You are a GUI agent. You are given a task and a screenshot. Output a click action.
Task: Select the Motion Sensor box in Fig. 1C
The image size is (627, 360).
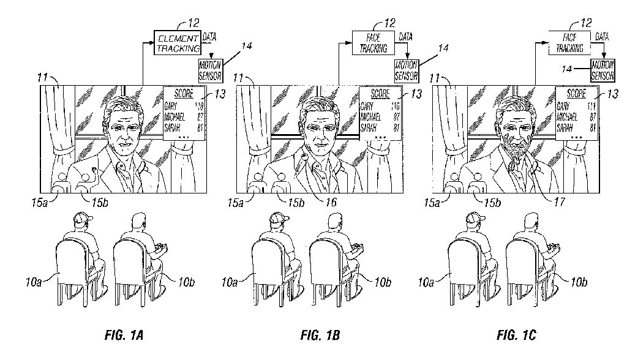click(x=602, y=70)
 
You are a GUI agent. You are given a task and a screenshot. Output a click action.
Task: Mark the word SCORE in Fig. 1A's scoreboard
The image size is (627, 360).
click(x=182, y=94)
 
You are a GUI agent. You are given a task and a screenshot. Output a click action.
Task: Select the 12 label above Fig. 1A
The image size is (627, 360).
click(x=193, y=23)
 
